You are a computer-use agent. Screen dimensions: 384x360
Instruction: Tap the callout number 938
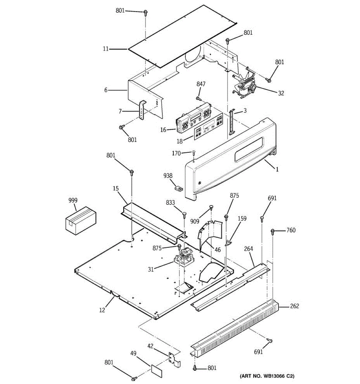[x=168, y=176]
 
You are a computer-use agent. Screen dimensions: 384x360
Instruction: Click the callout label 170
[x=176, y=153]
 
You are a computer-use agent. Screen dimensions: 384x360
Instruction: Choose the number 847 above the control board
[x=201, y=84]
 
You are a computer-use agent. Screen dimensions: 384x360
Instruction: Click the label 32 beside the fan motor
[x=281, y=93]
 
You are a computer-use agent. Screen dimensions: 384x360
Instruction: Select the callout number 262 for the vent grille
[x=294, y=306]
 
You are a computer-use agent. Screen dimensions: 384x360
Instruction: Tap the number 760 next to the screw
[x=291, y=230]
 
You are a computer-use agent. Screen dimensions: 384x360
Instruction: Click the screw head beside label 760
[x=273, y=230]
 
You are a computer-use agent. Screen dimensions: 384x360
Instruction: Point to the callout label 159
[x=242, y=219]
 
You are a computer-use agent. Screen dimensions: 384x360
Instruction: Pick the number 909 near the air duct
[x=195, y=221]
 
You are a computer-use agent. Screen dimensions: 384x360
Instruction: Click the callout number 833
[x=170, y=202]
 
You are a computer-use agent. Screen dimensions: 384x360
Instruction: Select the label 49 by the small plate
[x=133, y=354]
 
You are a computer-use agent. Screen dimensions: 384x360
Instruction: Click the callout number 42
[x=151, y=346]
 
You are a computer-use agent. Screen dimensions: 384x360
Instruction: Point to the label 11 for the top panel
[x=106, y=49]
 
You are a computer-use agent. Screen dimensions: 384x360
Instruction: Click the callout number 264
[x=248, y=249]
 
